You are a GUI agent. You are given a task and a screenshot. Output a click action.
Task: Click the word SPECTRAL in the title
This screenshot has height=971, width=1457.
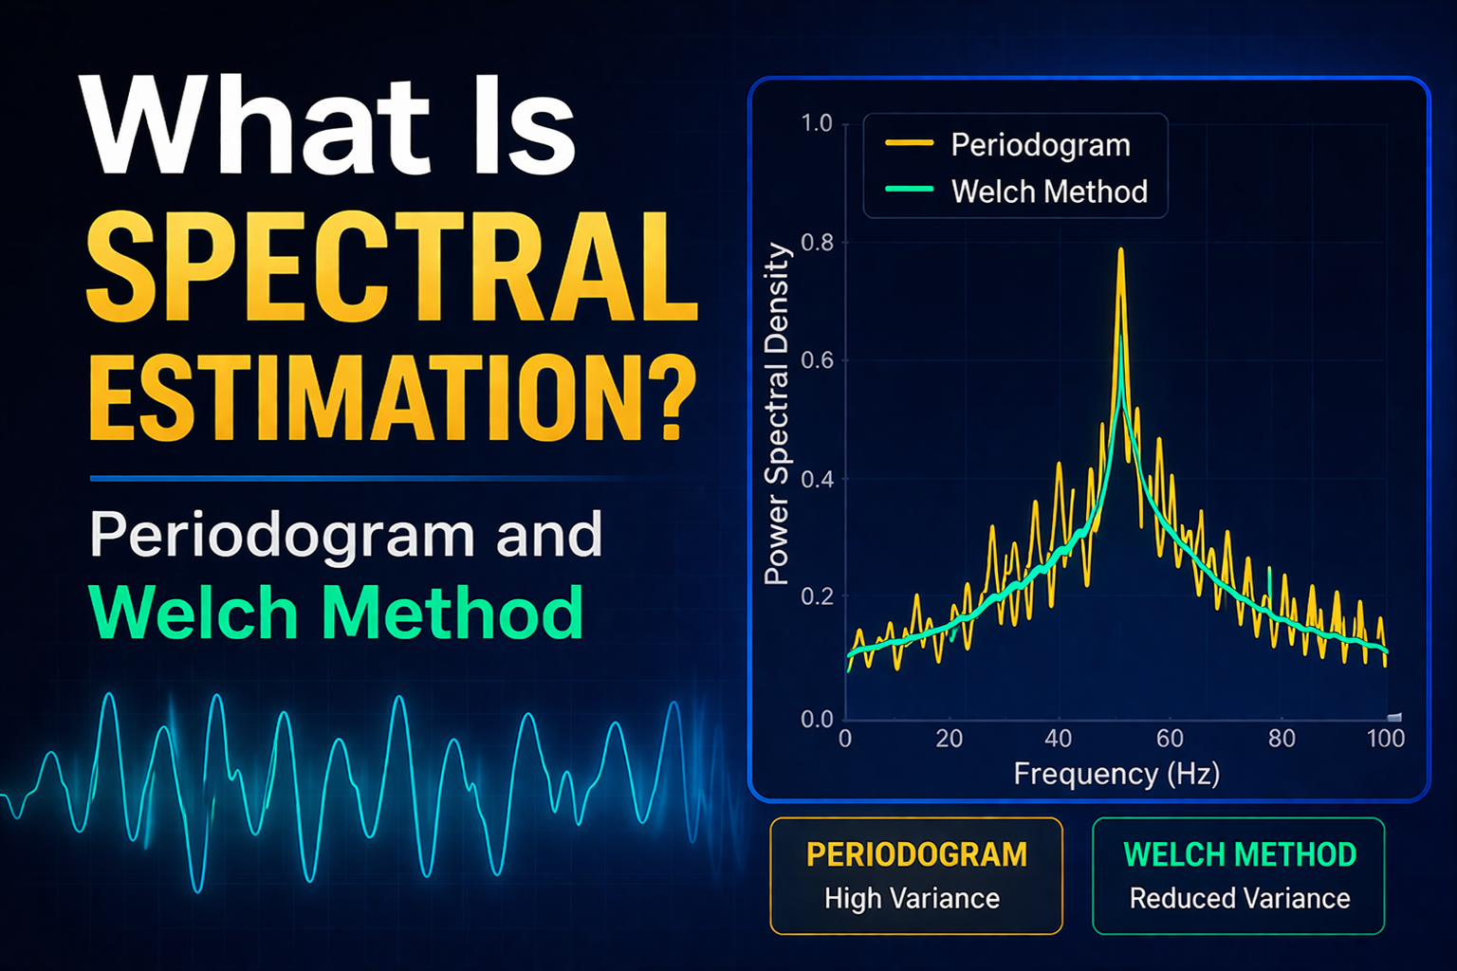392,268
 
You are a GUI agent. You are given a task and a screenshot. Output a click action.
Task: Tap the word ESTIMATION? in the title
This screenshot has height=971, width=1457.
392,398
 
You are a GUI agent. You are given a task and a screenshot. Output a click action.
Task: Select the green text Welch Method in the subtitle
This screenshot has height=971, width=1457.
336,614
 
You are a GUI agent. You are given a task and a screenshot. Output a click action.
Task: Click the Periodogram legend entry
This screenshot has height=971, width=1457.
1041,145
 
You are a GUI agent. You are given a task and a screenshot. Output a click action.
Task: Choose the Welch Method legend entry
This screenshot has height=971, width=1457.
1049,192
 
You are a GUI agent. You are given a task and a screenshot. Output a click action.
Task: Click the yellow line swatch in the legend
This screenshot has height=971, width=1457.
909,144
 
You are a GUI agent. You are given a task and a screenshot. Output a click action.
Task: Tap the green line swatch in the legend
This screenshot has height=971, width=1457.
909,191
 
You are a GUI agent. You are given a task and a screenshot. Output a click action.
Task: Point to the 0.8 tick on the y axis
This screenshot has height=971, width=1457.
816,243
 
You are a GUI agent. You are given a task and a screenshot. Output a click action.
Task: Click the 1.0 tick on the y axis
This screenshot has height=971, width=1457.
816,123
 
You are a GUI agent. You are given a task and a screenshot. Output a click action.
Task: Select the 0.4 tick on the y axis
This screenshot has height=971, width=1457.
816,479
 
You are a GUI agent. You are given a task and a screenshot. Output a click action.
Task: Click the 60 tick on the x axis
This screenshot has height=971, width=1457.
1170,739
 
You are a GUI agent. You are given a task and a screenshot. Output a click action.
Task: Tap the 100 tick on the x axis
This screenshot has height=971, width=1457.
1385,739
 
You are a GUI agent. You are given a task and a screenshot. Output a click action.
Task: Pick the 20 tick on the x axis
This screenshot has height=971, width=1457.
950,739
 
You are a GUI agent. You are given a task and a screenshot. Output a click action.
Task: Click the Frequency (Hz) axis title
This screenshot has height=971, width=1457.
1116,774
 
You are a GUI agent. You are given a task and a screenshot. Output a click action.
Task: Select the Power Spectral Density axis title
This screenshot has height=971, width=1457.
777,413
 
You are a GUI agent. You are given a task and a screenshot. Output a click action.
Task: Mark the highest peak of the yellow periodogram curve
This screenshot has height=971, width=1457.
1121,251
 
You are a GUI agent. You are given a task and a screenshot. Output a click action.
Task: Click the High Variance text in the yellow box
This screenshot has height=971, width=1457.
912,898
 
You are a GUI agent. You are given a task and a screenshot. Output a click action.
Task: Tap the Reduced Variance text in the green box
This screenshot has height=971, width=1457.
1239,898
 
